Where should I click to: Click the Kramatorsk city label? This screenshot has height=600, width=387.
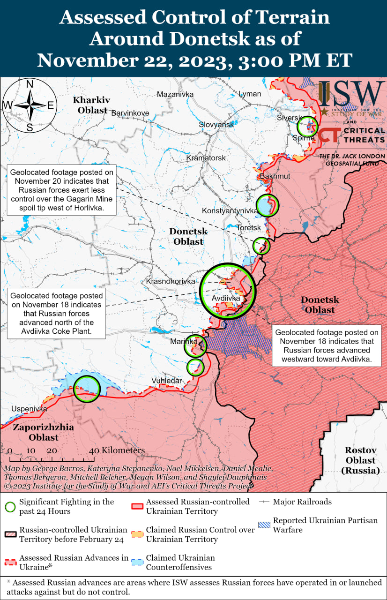(x=206, y=158)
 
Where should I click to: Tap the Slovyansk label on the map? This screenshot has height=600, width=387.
(x=216, y=125)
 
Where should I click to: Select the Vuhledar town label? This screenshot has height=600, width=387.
(x=166, y=381)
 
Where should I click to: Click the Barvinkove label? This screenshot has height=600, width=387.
(x=130, y=113)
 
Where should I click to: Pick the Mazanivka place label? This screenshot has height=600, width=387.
(x=175, y=94)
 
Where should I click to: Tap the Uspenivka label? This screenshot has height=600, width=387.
(x=29, y=409)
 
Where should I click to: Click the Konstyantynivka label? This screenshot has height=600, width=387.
(x=230, y=211)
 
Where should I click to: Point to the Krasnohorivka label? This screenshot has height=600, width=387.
(x=171, y=282)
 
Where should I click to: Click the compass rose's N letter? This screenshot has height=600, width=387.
(x=30, y=84)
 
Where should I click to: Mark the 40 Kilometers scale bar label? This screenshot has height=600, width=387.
(x=117, y=450)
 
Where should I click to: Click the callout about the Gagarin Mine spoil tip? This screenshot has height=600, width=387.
(x=61, y=190)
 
